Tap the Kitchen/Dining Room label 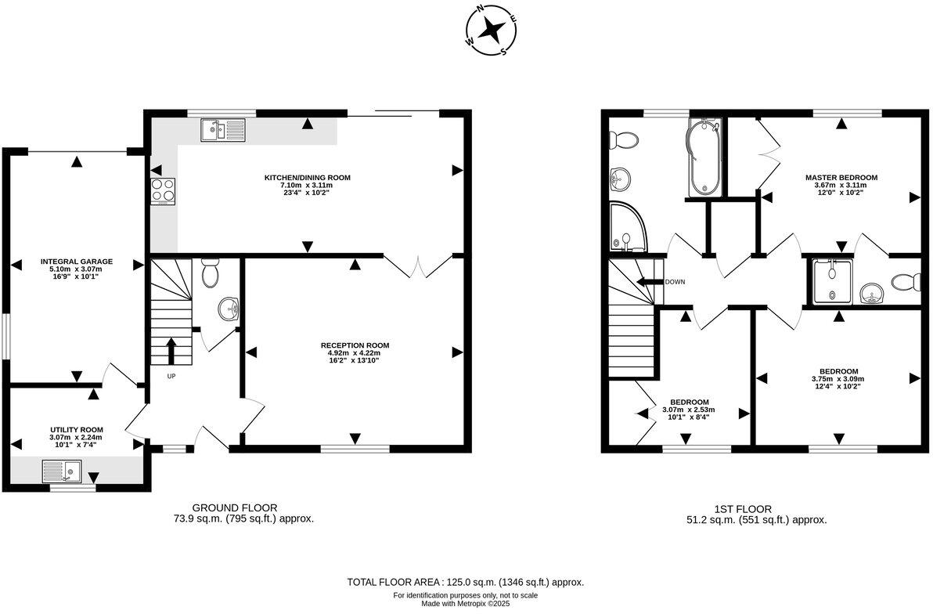307,178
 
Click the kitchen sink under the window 223,129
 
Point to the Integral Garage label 77,262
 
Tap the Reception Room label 355,345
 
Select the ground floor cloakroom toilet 210,274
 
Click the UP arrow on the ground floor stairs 170,351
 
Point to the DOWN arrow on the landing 649,282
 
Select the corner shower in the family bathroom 628,228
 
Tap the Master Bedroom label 841,178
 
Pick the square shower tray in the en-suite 830,280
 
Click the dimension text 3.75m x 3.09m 838,379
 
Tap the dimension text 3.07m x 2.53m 689,410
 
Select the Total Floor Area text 466,583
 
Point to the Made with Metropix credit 465,604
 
